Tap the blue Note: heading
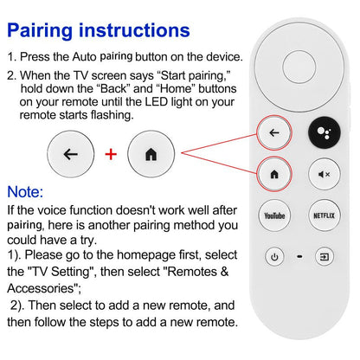tap(33, 191)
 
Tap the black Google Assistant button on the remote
tap(324, 133)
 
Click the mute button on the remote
tap(324, 174)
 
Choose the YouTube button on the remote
tap(274, 215)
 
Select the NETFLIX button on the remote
tap(324, 215)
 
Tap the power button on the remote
tap(274, 256)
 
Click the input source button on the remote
tap(324, 256)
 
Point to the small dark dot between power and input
tap(299, 257)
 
